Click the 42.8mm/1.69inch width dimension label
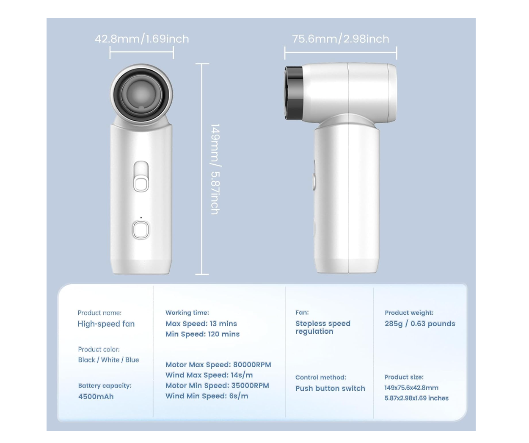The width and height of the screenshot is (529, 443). click(142, 39)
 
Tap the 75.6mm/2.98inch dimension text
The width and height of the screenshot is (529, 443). click(341, 39)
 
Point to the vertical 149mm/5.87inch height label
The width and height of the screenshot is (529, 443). click(215, 169)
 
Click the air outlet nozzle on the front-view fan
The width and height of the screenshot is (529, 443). click(141, 94)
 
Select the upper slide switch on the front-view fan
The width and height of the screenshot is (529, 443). click(141, 177)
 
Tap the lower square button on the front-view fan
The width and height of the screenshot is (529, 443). click(141, 230)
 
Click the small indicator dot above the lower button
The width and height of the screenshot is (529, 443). click(141, 218)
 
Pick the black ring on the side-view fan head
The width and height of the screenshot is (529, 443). click(294, 93)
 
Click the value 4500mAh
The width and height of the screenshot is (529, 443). click(96, 396)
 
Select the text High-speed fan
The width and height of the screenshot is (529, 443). click(106, 324)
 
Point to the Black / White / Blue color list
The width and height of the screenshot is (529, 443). click(108, 360)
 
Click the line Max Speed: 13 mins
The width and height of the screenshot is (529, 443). click(201, 324)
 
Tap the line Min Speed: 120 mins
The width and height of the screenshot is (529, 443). click(202, 334)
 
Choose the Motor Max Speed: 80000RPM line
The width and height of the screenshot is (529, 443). click(218, 365)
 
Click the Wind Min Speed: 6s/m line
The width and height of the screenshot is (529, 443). click(207, 396)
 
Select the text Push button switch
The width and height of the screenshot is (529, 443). click(330, 388)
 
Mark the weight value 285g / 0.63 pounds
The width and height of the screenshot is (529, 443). click(420, 324)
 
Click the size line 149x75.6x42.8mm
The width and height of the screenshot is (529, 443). click(411, 388)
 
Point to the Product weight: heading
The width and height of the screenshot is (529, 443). click(409, 313)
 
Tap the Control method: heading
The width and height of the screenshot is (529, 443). click(321, 377)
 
